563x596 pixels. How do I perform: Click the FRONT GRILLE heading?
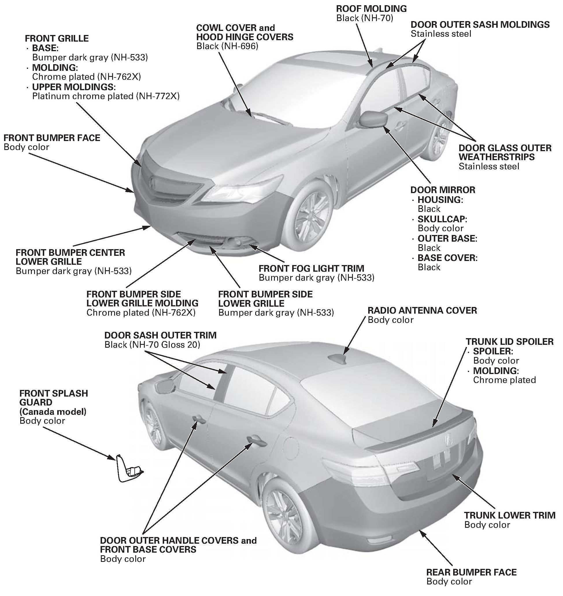[57, 38]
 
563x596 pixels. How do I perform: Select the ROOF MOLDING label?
[371, 9]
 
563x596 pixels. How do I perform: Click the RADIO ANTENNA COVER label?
[422, 310]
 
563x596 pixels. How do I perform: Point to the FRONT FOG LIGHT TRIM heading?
[311, 268]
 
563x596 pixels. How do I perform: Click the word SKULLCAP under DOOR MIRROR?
[442, 219]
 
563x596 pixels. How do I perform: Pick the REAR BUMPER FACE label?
[471, 572]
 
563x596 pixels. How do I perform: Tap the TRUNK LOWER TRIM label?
[510, 515]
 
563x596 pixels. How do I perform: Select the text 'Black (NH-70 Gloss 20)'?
[152, 345]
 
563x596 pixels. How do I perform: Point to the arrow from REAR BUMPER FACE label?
[437, 549]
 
